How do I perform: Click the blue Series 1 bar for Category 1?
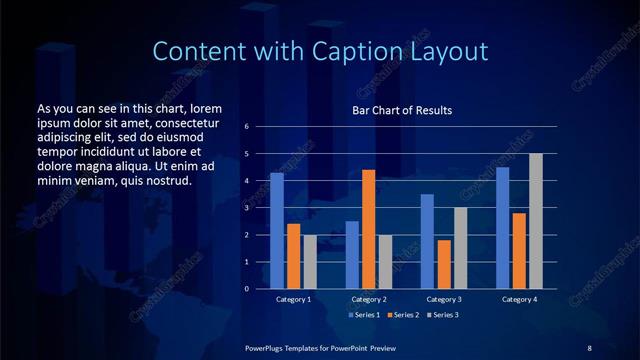277,231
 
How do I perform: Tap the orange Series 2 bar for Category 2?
368,229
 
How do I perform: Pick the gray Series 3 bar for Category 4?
536,221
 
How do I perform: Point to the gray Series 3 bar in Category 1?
310,262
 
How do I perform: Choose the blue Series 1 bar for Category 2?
352,255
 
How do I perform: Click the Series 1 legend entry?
364,315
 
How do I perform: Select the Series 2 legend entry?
402,315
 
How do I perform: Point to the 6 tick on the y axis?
247,127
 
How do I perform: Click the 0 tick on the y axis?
247,289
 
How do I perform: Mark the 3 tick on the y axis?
247,208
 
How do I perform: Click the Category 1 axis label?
294,299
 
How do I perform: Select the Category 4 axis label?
519,299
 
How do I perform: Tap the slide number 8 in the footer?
589,347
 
